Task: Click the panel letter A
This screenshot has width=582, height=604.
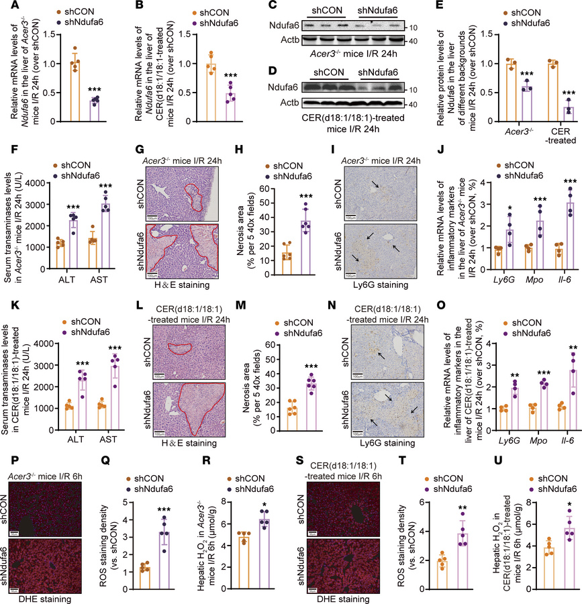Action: click(x=6, y=6)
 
